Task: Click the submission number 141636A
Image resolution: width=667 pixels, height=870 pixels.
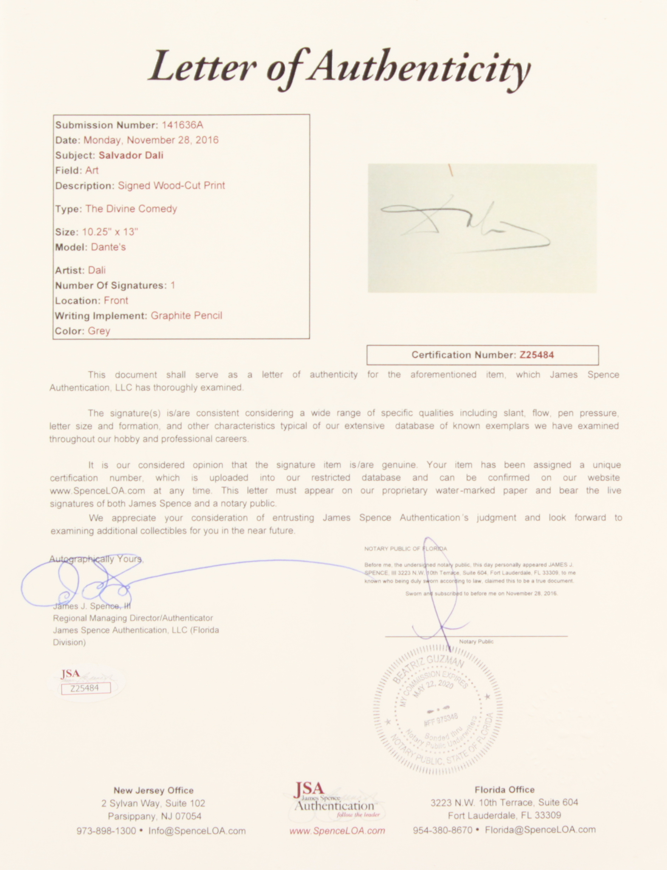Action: (182, 125)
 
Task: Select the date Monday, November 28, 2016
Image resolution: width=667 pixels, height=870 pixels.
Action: (151, 140)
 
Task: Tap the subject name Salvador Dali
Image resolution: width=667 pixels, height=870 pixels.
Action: (131, 155)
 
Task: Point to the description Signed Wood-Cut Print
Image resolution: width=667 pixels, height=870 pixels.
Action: (171, 186)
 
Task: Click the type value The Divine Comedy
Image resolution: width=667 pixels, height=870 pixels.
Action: (131, 209)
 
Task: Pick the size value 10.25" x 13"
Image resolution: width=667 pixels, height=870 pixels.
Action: (110, 232)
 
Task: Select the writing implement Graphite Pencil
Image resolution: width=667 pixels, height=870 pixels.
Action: (186, 316)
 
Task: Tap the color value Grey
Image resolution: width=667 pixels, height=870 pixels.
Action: (99, 331)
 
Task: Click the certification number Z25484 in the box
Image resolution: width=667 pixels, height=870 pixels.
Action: (537, 355)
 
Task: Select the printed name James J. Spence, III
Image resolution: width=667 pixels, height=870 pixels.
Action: (91, 606)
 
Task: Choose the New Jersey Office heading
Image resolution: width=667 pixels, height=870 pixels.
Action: (153, 791)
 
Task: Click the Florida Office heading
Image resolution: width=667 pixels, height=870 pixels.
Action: (504, 790)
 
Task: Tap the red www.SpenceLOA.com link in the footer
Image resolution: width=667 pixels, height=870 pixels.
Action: (337, 830)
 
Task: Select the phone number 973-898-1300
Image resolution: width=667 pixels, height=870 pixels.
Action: (106, 830)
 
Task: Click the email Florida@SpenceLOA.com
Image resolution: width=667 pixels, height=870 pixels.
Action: (540, 830)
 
